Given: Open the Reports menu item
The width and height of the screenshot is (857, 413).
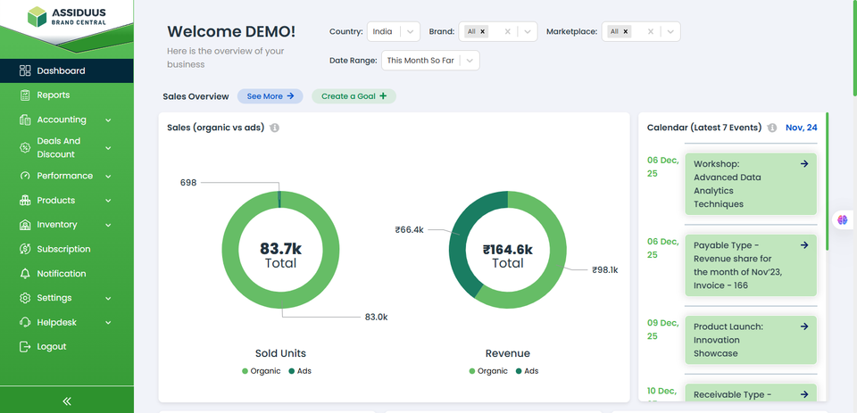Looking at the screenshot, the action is (53, 95).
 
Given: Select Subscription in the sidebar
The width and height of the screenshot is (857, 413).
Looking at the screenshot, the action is (63, 249).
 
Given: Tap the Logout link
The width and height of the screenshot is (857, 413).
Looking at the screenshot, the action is (52, 346).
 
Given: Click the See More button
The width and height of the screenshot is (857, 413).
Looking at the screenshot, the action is (270, 96).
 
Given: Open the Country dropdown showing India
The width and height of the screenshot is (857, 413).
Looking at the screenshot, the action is (394, 32).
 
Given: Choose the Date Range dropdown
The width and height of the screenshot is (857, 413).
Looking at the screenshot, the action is (430, 61).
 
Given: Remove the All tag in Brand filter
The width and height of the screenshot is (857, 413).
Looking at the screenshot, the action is (483, 32).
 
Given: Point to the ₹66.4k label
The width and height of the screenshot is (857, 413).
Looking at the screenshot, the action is (410, 230).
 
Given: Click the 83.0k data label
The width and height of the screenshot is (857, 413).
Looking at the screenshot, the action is (376, 317).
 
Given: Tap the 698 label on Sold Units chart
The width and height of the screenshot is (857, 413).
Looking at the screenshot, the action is (188, 183).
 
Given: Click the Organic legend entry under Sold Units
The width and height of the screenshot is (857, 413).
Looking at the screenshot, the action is (262, 371).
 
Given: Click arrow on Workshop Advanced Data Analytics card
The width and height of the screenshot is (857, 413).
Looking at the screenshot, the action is (804, 163).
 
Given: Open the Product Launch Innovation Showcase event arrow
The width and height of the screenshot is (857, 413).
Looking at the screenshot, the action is (804, 326).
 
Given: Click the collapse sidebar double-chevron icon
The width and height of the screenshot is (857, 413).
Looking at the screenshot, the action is (67, 401).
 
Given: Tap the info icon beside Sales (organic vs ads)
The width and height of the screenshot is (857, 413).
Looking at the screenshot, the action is (274, 128).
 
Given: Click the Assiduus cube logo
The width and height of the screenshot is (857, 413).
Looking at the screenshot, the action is (37, 16).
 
